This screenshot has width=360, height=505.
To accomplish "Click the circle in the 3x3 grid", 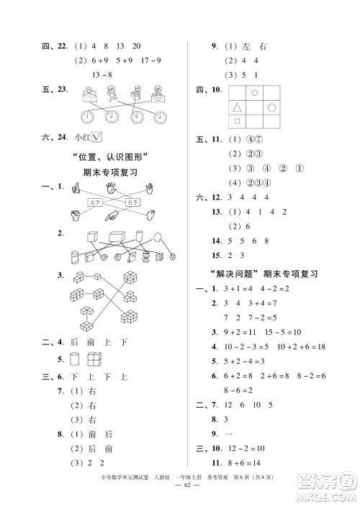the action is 255,94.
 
